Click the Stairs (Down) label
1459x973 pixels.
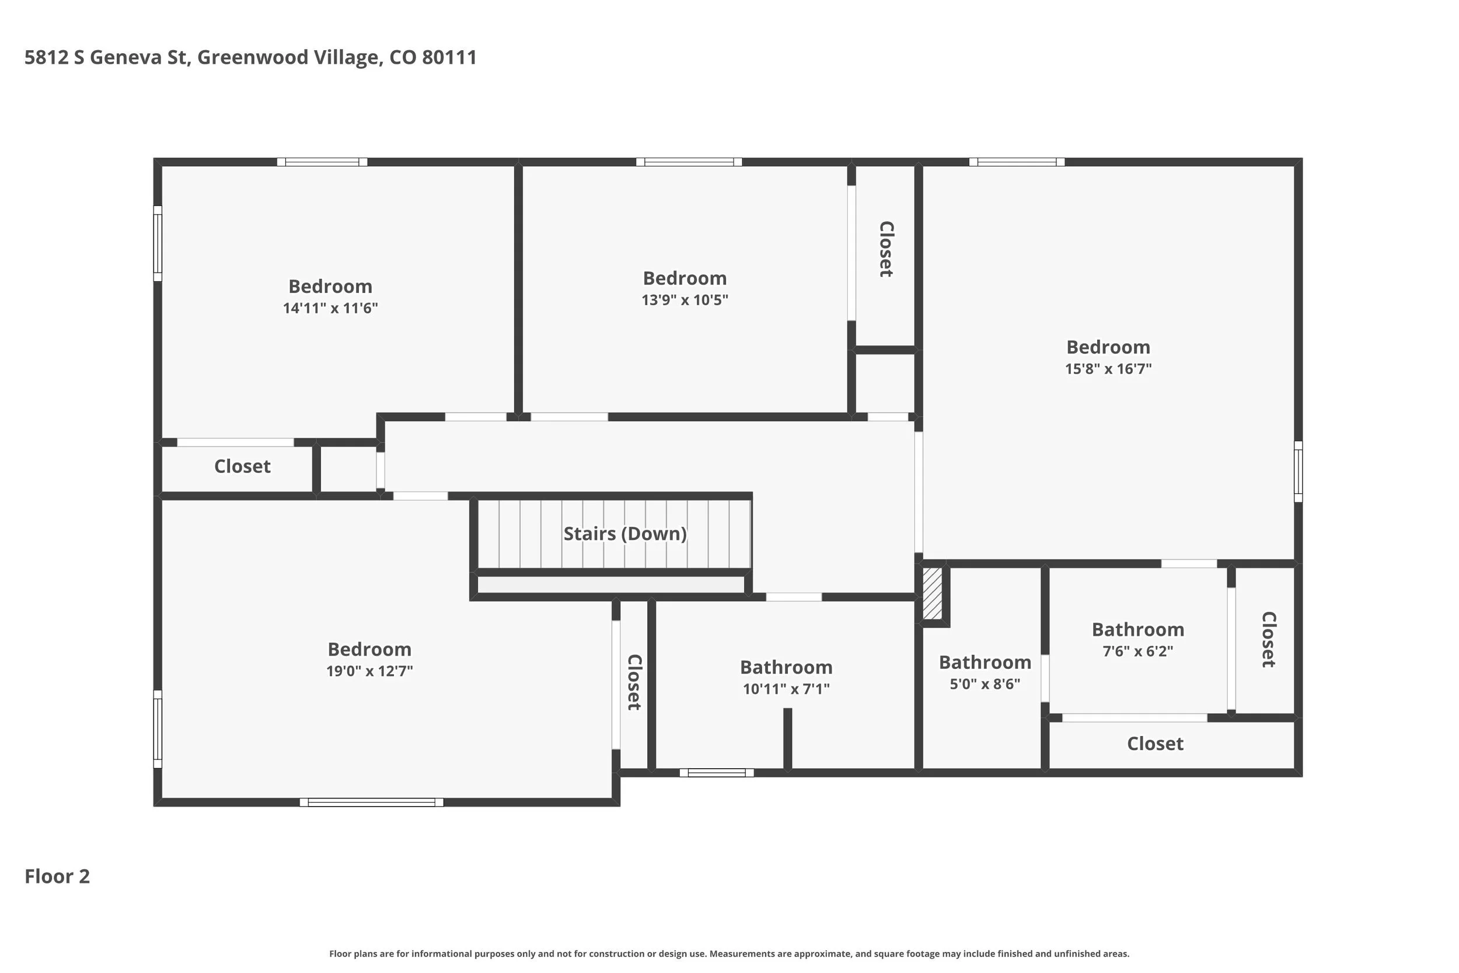[624, 533]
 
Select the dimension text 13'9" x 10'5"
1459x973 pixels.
[684, 299]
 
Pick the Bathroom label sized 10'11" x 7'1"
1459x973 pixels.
[786, 667]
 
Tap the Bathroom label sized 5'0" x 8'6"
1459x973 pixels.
[985, 662]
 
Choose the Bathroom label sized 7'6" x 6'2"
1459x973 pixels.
[1137, 629]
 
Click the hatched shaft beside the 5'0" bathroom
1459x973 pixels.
[932, 593]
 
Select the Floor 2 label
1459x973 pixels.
[57, 876]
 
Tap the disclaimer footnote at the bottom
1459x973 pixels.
[729, 954]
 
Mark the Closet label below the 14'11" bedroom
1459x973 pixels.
[242, 466]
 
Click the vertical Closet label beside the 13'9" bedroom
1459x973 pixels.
[886, 249]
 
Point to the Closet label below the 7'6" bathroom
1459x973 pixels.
[1154, 744]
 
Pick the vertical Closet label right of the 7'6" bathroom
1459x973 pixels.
[1269, 639]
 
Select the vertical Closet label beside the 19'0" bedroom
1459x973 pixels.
[634, 682]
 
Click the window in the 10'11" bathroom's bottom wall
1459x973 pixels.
[717, 773]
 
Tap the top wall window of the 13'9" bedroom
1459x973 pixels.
[689, 162]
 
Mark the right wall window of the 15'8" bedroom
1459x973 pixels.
[1298, 472]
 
